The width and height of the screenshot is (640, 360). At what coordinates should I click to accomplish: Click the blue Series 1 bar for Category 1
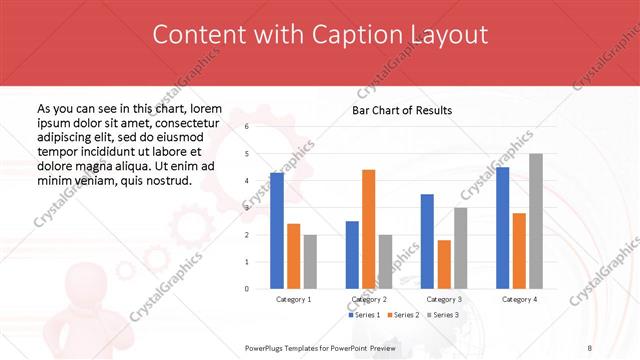tap(277, 230)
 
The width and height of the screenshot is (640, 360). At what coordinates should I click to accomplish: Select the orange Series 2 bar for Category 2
tap(368, 229)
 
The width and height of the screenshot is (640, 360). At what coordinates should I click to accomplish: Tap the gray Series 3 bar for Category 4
tap(535, 221)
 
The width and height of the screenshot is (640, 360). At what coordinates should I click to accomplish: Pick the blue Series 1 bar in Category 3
tap(427, 241)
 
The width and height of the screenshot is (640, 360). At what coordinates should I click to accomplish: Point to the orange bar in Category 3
tap(444, 264)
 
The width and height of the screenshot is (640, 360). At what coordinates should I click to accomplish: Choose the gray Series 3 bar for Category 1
tap(310, 261)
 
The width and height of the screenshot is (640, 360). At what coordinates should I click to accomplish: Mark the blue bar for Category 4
tap(502, 227)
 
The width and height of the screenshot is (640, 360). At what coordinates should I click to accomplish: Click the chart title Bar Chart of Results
tap(402, 110)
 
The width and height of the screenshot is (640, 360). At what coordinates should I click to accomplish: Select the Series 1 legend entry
tap(364, 315)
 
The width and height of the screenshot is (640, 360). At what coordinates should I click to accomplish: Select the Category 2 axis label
tap(368, 299)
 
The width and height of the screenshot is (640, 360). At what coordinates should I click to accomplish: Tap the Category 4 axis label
tap(518, 299)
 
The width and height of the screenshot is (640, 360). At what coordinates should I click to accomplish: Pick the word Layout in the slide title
tap(449, 35)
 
